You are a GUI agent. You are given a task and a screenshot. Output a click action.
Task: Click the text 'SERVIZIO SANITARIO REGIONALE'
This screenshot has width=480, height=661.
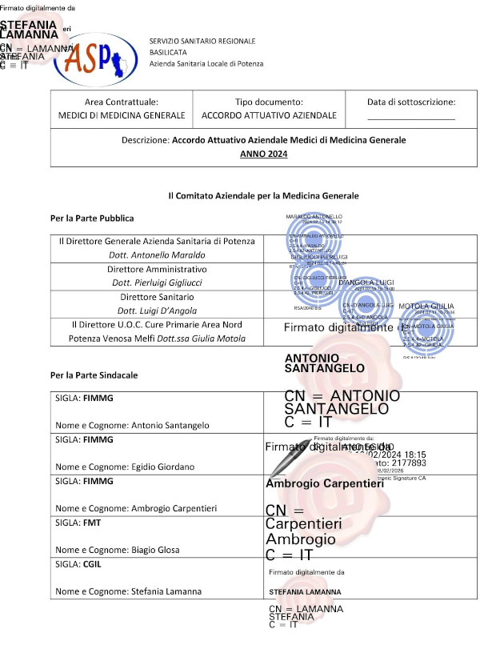click(x=202, y=41)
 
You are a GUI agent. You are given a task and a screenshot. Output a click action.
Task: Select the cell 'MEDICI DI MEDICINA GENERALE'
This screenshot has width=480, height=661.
click(x=122, y=115)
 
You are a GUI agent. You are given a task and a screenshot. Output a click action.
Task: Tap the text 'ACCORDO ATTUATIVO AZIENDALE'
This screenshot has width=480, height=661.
click(x=269, y=115)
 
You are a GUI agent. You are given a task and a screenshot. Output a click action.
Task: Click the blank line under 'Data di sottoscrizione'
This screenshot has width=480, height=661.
click(x=410, y=119)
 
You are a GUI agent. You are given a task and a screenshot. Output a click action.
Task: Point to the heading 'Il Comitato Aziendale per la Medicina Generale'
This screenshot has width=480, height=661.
click(x=263, y=195)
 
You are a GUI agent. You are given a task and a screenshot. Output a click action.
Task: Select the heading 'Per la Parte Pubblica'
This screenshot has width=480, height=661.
click(x=92, y=218)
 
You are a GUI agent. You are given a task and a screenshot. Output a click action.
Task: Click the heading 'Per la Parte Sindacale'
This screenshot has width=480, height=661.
click(x=94, y=375)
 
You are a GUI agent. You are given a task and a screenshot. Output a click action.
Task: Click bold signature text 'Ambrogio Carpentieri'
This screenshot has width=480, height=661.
click(x=325, y=483)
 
